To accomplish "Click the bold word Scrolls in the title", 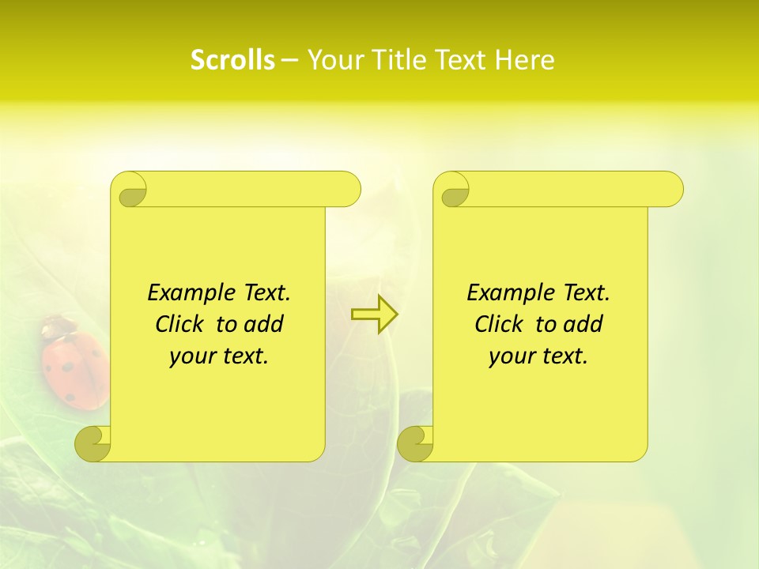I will (232, 60).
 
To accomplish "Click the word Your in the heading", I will (335, 60).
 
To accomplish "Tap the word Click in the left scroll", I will (179, 324).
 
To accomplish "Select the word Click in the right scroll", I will (498, 324).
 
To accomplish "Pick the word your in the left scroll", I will (191, 356).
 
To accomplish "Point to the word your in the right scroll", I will (511, 356).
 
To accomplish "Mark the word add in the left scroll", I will (265, 324).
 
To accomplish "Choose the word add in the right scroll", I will (584, 324).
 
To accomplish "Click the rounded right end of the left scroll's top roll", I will (349, 190).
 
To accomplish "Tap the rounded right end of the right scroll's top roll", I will (671, 190).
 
